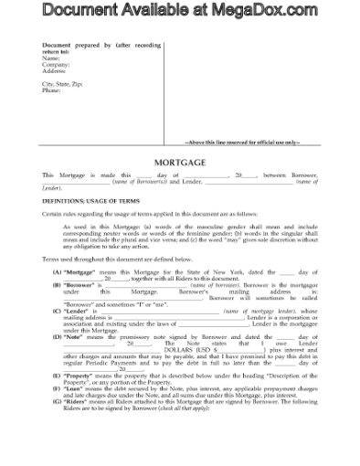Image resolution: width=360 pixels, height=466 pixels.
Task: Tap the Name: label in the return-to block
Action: point(52,58)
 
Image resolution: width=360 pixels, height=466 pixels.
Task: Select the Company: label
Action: point(57,64)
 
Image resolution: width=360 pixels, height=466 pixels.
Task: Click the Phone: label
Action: point(53,90)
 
